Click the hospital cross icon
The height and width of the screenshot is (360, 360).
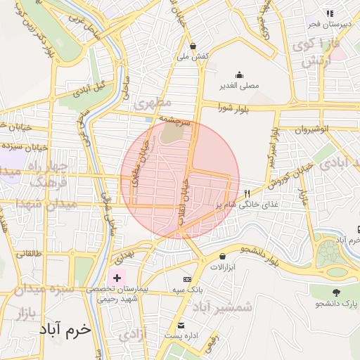(x=117, y=278)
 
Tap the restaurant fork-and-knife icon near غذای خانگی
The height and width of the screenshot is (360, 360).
(x=247, y=193)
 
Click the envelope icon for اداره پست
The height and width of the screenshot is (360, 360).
(x=181, y=326)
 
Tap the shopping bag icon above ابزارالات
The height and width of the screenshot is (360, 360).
(x=223, y=257)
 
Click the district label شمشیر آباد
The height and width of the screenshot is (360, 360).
(x=222, y=307)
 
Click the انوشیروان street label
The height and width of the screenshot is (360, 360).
(x=311, y=129)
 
